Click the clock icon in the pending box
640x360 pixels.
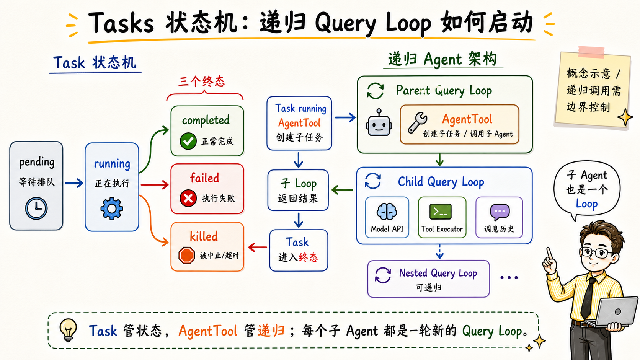[x=36, y=209]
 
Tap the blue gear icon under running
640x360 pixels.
[x=112, y=209]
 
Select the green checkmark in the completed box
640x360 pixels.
[x=188, y=141]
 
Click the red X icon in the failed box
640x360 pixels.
[x=188, y=198]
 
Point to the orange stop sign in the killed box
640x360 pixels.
[x=186, y=255]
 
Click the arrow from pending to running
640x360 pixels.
[x=74, y=183]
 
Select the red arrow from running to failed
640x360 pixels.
[x=155, y=185]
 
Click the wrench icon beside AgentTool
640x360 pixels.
[x=418, y=122]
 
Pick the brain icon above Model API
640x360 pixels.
[x=387, y=212]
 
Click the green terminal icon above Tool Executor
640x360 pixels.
[x=441, y=212]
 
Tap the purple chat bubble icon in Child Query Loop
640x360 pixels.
[x=500, y=212]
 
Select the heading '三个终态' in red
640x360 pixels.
[x=202, y=81]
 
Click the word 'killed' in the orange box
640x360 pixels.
[x=204, y=236]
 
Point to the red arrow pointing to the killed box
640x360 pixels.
[x=258, y=247]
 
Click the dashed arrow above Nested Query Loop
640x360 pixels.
[x=440, y=251]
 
